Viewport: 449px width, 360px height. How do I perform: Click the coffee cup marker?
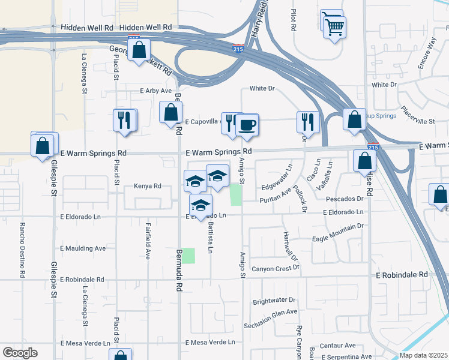tap(247, 125)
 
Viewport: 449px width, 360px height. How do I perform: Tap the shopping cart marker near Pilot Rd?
tap(334, 26)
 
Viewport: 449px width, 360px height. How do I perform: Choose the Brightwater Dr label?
tap(274, 300)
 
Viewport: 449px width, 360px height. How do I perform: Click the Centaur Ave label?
tap(337, 346)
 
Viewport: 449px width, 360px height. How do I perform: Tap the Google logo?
tap(20, 353)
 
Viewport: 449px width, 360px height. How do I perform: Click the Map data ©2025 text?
tap(424, 355)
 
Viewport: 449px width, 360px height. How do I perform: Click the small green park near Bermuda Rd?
tap(188, 256)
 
